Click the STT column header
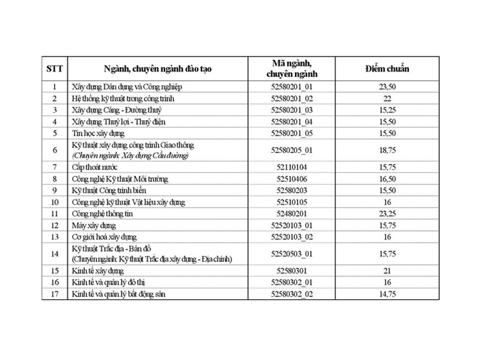(x=54, y=69)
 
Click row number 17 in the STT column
(x=54, y=293)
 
